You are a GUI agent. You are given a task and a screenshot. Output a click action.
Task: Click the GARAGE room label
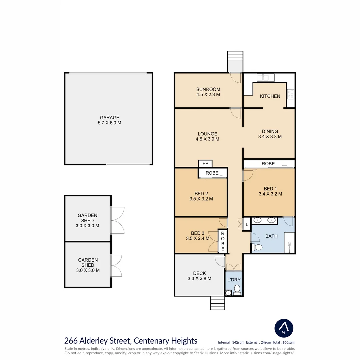click(109, 118)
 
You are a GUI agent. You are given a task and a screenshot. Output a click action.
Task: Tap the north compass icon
click(284, 328)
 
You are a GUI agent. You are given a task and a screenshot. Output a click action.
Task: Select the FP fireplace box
click(205, 163)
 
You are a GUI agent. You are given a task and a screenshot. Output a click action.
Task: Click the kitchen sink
click(266, 78)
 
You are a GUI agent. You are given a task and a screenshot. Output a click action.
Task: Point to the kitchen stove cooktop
click(291, 94)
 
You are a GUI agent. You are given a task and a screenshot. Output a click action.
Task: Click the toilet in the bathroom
click(257, 247)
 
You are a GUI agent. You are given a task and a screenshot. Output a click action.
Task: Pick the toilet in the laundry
click(237, 290)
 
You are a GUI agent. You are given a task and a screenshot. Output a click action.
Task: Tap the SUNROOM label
click(208, 89)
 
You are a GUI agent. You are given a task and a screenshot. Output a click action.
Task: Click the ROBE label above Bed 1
click(268, 164)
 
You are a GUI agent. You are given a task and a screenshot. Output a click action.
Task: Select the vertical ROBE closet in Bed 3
click(222, 241)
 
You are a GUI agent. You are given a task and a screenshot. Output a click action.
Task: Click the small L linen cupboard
click(247, 224)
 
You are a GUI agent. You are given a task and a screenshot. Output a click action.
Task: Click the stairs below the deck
click(217, 303)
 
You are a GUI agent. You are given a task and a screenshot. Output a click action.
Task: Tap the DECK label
click(199, 273)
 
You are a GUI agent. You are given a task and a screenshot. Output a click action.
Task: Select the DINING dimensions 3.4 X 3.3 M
click(270, 137)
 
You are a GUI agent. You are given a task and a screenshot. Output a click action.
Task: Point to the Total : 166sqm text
click(284, 342)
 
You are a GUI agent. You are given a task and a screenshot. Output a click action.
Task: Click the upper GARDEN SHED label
click(87, 218)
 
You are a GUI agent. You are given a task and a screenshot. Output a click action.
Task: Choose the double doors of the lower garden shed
click(116, 266)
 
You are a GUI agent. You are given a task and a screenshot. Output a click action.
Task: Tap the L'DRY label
click(234, 280)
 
